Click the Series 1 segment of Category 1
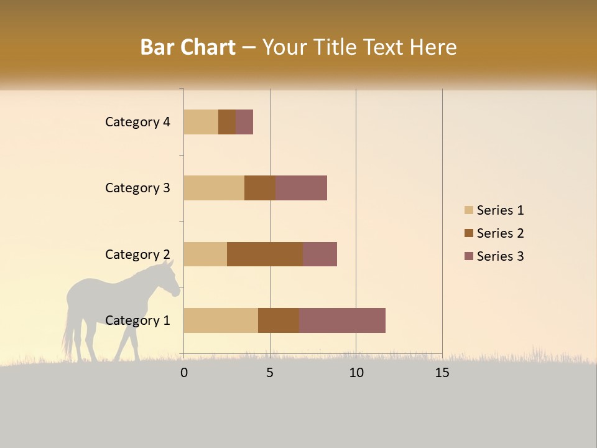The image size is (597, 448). click(221, 320)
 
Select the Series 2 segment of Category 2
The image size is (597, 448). click(265, 254)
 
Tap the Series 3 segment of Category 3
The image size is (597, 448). click(301, 188)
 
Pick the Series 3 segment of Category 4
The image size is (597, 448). click(244, 122)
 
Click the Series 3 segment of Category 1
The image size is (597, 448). click(342, 320)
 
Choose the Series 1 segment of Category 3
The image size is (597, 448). click(214, 188)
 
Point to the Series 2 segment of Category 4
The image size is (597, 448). click(227, 122)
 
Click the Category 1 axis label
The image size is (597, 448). click(137, 320)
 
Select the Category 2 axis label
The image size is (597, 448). click(137, 254)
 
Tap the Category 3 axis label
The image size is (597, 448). click(137, 188)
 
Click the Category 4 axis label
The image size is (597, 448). click(137, 122)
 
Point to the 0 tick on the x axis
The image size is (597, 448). click(184, 373)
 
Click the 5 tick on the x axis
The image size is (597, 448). click(270, 373)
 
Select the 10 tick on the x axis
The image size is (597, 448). click(356, 373)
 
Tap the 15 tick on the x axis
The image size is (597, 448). click(442, 373)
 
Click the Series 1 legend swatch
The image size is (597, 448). click(468, 210)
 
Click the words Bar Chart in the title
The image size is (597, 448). click(187, 47)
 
